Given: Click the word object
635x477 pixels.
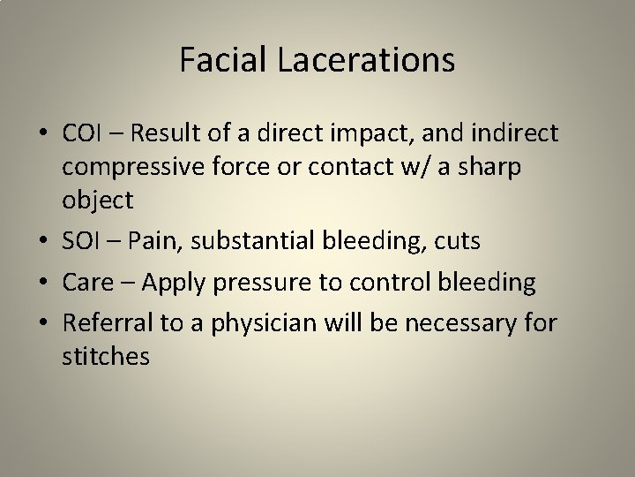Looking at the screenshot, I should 98,201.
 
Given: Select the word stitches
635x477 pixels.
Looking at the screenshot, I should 107,357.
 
